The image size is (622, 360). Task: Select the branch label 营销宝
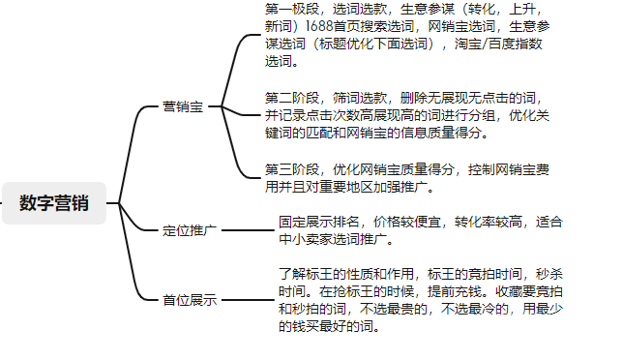click(x=183, y=106)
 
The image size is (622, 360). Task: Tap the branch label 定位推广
click(x=190, y=230)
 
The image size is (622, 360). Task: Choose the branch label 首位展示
click(x=190, y=300)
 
